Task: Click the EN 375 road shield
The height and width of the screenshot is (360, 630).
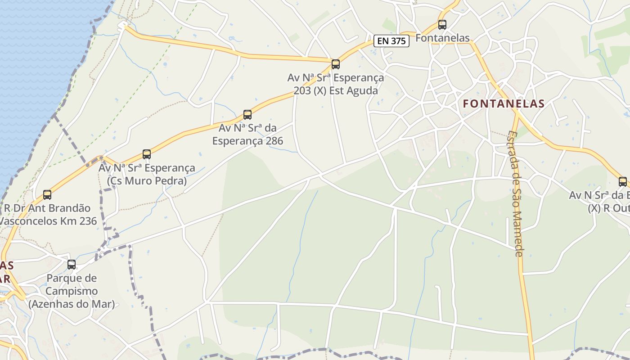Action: coord(391,41)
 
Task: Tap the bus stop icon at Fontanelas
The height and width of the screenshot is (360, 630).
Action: coord(442,25)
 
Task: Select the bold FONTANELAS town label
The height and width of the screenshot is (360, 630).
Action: coord(504,103)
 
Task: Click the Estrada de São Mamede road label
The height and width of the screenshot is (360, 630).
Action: coord(515,193)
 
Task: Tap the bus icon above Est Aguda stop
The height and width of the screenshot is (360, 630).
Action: coord(335,64)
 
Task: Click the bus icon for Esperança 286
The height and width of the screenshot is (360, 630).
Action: coord(247,115)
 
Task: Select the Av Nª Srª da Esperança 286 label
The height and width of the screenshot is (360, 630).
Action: coord(247,135)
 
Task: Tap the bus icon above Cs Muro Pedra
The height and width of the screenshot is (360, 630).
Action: coord(147,154)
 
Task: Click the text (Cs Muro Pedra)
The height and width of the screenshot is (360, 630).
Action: coord(147,181)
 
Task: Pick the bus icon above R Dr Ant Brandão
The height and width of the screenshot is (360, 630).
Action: coord(47,195)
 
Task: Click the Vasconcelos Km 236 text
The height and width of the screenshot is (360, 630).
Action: coord(48,221)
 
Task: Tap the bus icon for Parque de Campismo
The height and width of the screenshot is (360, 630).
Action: coord(72,265)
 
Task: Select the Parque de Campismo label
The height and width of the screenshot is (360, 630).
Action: coord(72,284)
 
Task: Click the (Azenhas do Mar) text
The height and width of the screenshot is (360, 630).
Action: coord(72,304)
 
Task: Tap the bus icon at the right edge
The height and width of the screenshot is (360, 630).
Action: coord(623,182)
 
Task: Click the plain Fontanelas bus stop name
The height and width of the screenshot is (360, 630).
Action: coord(442,38)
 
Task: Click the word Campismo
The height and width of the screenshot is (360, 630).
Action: coord(72,291)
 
